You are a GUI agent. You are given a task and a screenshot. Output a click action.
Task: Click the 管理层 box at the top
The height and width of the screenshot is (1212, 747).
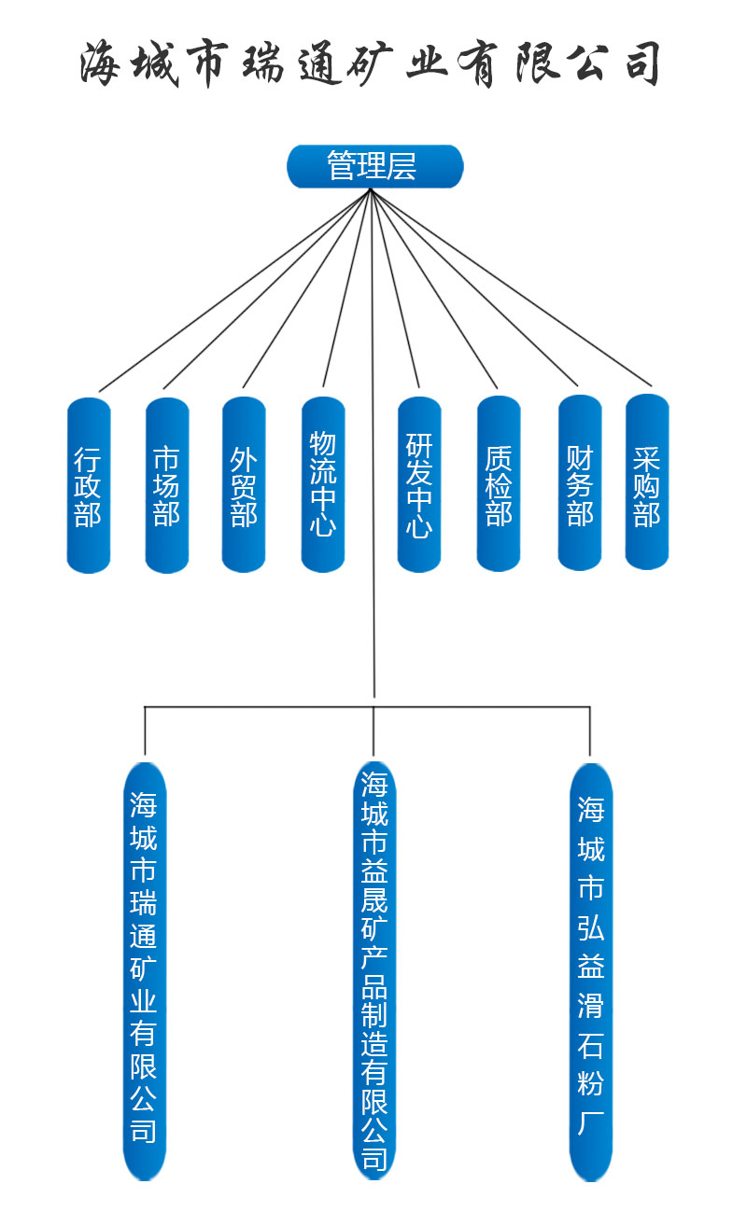pyautogui.click(x=374, y=166)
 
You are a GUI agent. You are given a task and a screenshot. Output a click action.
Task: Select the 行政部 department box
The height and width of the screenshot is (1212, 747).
pyautogui.click(x=89, y=484)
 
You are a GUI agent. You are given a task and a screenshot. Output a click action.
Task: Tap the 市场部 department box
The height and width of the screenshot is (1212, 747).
pyautogui.click(x=167, y=484)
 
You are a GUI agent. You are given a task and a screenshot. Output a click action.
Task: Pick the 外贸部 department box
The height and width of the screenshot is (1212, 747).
pyautogui.click(x=244, y=484)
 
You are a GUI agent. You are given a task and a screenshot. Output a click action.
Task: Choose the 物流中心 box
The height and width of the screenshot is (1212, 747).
pyautogui.click(x=323, y=484)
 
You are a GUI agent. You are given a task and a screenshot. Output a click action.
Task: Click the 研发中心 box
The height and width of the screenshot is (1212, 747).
pyautogui.click(x=419, y=484)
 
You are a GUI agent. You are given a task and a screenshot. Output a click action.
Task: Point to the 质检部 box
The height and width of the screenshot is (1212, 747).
pyautogui.click(x=499, y=484)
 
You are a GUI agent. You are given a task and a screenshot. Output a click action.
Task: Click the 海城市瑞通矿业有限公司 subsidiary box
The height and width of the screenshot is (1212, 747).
pyautogui.click(x=144, y=970)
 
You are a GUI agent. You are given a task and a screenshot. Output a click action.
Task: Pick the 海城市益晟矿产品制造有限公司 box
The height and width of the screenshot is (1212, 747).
pyautogui.click(x=374, y=970)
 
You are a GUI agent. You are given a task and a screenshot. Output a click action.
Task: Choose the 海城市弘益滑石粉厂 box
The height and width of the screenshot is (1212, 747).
pyautogui.click(x=591, y=970)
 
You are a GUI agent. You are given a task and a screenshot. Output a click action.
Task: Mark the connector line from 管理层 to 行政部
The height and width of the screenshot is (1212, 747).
pyautogui.click(x=233, y=290)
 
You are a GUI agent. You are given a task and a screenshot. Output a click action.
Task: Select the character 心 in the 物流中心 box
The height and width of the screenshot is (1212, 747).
pyautogui.click(x=323, y=525)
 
